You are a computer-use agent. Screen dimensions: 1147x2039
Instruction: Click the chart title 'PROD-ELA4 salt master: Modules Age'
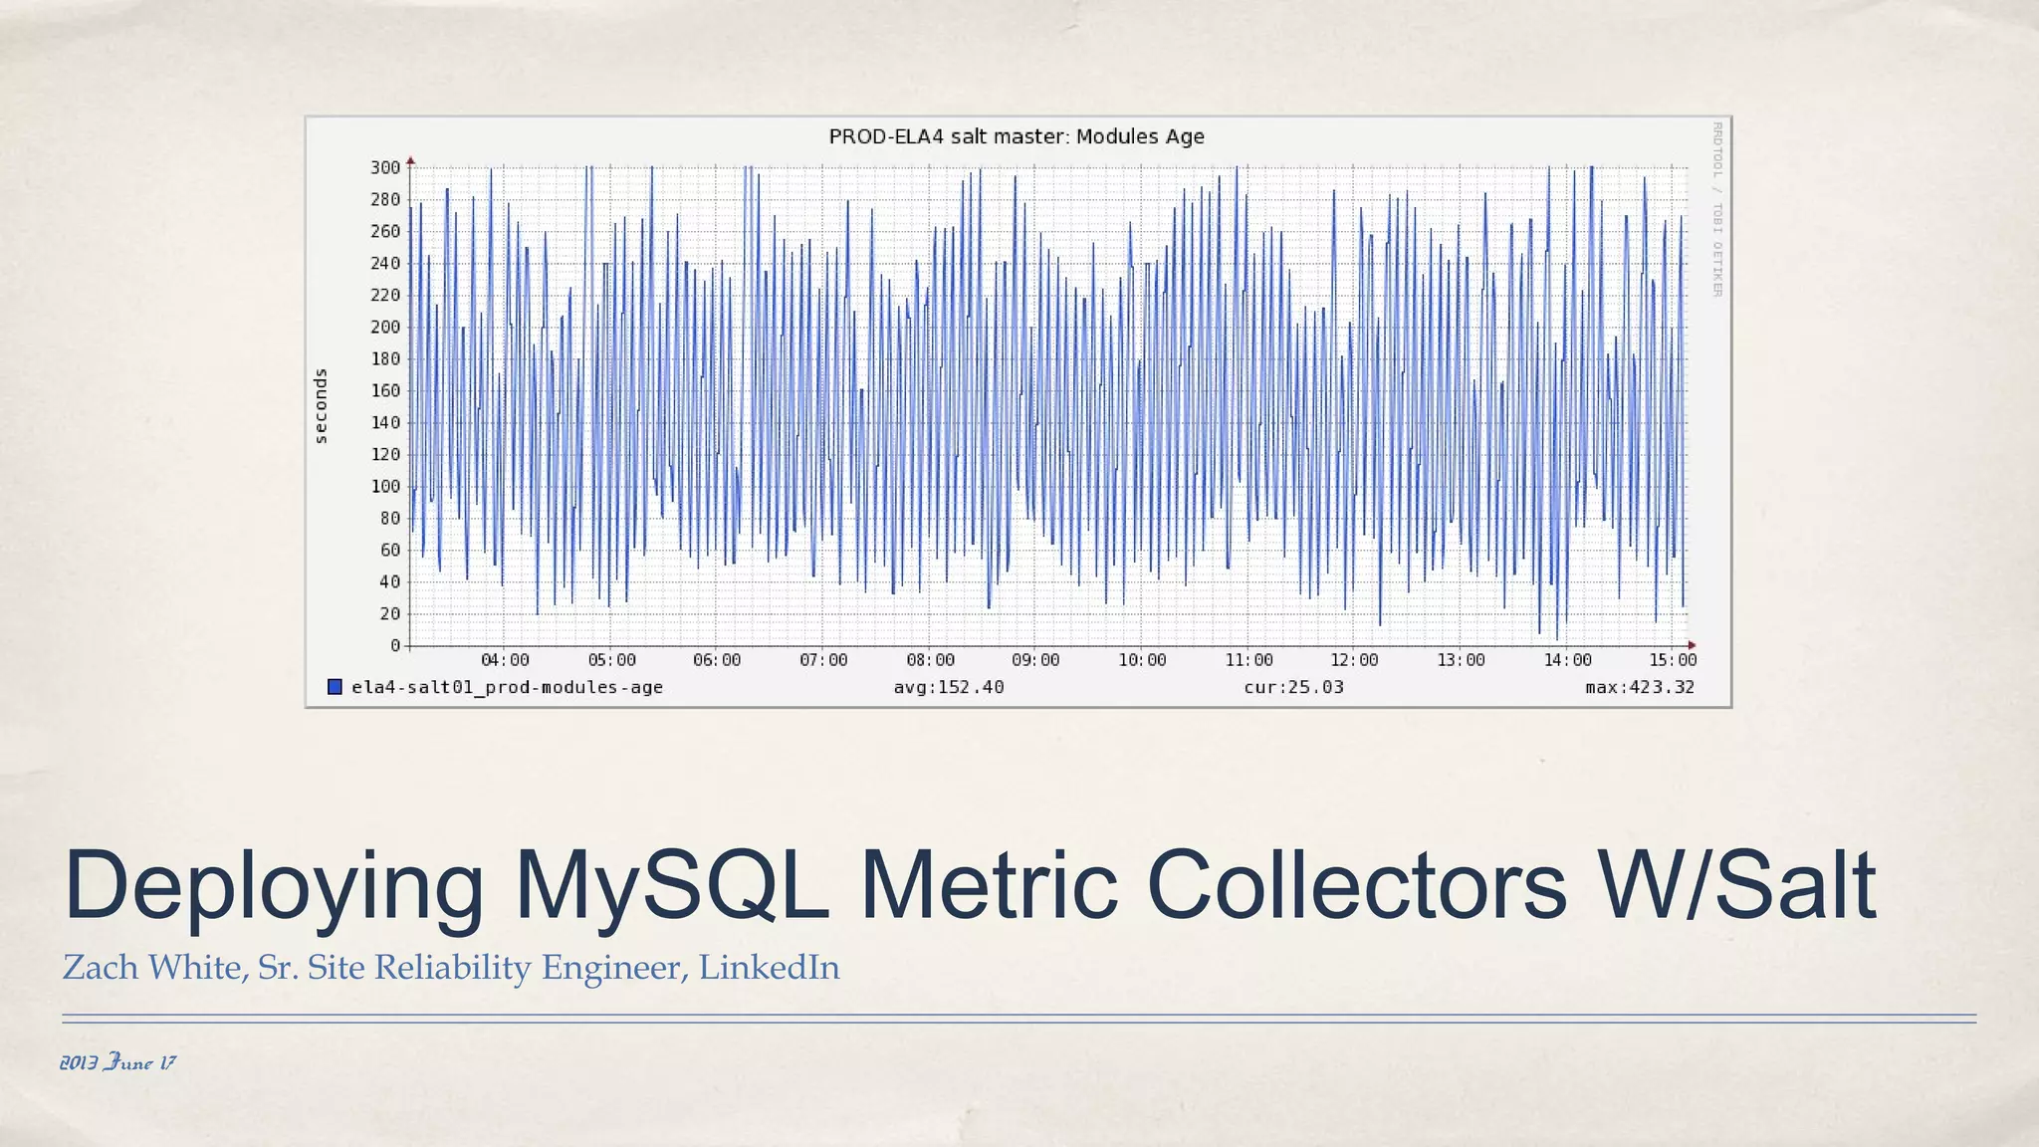point(1017,136)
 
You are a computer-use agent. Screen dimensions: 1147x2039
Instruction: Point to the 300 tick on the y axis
point(385,167)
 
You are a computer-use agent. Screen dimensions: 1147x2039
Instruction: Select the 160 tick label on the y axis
point(385,390)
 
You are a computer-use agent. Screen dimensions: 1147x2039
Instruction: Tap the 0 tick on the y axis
point(395,645)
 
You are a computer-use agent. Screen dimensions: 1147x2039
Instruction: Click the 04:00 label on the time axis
point(505,660)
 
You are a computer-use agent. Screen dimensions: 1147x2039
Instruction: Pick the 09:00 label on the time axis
point(1035,660)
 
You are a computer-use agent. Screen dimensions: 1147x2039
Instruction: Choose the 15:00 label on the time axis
point(1673,660)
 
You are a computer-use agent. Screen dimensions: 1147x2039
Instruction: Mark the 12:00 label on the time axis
point(1354,660)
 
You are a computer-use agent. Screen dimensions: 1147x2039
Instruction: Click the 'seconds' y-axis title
point(321,406)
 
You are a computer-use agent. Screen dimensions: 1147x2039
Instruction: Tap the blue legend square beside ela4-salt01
point(336,687)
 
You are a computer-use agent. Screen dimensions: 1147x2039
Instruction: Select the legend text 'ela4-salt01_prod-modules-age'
point(507,687)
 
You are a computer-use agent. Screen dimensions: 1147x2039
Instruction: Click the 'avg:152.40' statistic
point(949,687)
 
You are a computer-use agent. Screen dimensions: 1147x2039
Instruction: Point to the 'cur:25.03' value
point(1293,687)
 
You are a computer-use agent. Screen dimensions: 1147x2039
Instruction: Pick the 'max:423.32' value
point(1640,687)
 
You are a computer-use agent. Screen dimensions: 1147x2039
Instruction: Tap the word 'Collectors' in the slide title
point(1357,886)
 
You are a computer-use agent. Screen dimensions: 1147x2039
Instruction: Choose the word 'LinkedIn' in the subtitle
point(769,968)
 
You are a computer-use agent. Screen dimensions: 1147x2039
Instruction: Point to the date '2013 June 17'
point(117,1062)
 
